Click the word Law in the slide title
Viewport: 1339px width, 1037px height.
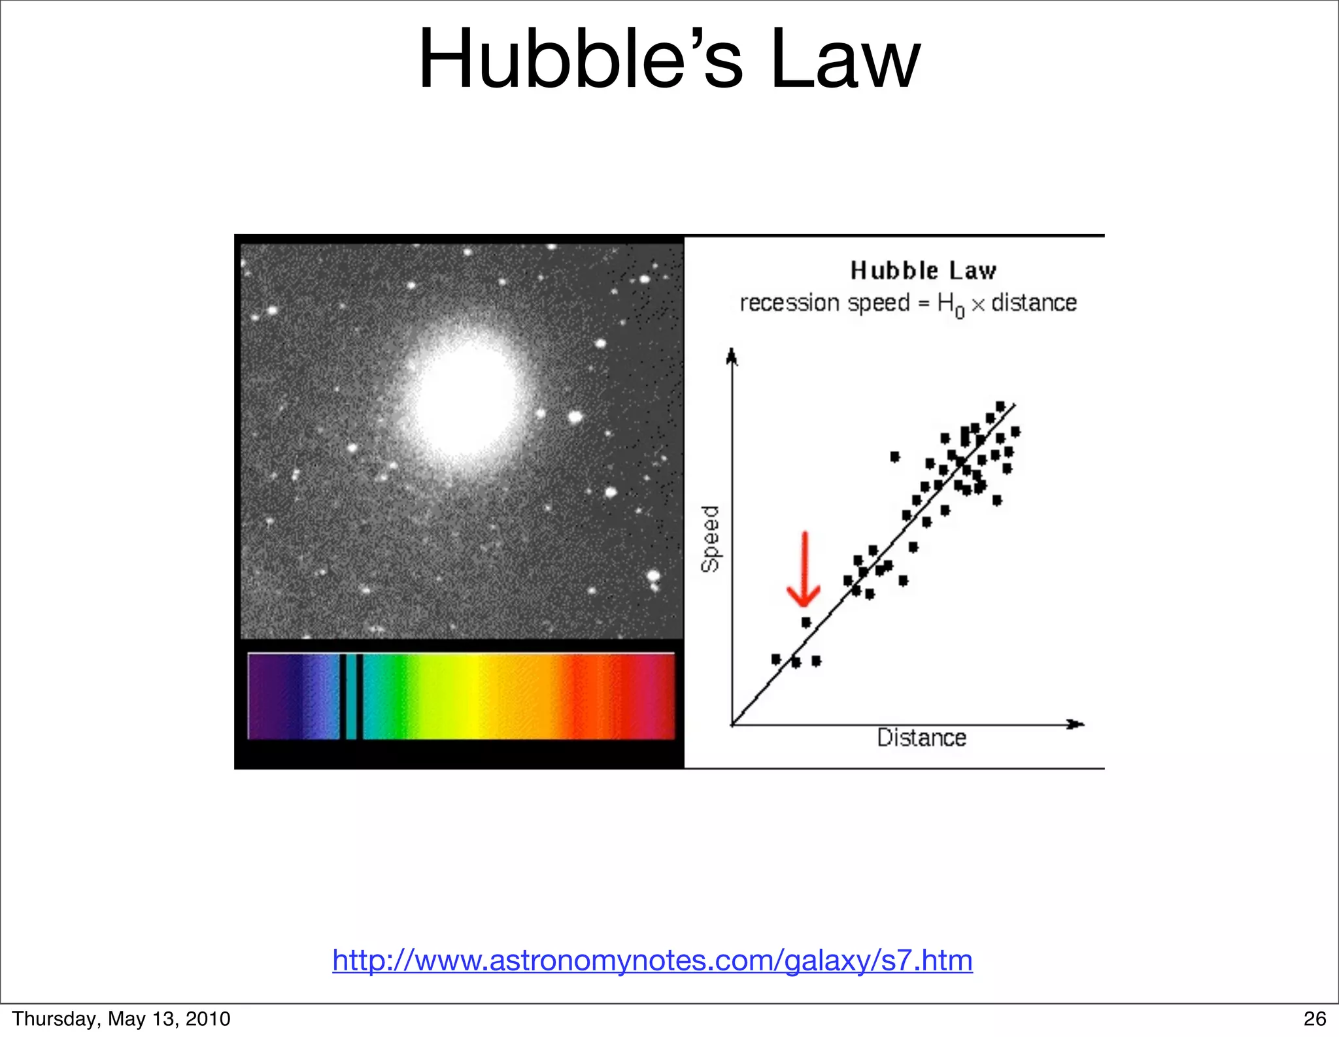click(845, 60)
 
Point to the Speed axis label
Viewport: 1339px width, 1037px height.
click(710, 538)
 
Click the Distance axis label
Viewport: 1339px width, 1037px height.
click(921, 738)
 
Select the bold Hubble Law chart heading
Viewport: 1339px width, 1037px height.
click(923, 271)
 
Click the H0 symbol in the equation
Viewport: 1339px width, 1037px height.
click(949, 305)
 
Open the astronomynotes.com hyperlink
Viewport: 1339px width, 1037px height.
click(652, 961)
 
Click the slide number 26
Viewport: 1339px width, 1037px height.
click(1315, 1019)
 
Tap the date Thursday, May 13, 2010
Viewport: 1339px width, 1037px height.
click(121, 1019)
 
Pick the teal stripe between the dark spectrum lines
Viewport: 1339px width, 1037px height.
click(351, 697)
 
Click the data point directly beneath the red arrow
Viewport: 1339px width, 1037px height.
click(806, 622)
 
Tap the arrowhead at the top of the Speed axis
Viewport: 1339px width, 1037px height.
click(732, 356)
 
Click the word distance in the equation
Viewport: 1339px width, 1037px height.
click(1034, 303)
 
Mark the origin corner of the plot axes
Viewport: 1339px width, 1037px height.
click(732, 724)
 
